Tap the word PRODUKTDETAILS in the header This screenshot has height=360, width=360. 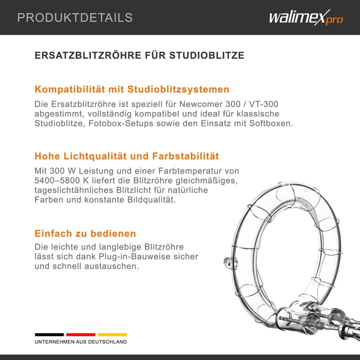(x=75, y=18)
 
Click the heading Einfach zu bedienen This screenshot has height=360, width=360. (x=85, y=233)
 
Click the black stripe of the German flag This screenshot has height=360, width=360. (x=49, y=334)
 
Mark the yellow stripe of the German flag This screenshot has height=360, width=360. (x=112, y=334)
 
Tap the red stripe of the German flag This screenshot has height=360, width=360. (x=80, y=334)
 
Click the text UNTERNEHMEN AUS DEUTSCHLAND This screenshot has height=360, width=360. (x=80, y=342)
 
